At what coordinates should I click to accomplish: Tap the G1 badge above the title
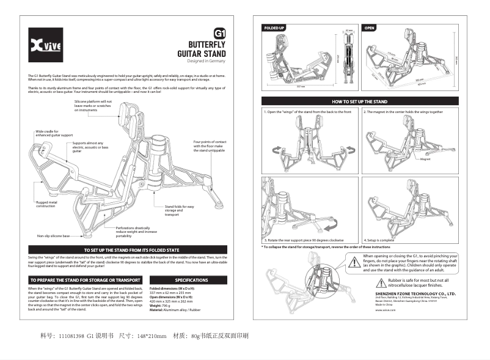(x=219, y=34)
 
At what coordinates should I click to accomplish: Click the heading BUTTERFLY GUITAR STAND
(x=202, y=50)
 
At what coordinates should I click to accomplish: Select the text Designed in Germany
(x=207, y=62)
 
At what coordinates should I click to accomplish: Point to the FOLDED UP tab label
(x=274, y=28)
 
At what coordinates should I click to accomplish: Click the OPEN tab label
(x=370, y=28)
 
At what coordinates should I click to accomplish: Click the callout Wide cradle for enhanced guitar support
(x=54, y=133)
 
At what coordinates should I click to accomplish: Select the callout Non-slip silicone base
(x=53, y=236)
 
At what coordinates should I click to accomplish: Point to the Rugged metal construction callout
(x=47, y=204)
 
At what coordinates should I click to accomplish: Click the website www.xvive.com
(x=386, y=310)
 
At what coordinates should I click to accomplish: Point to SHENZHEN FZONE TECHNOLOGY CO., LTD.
(x=415, y=293)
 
